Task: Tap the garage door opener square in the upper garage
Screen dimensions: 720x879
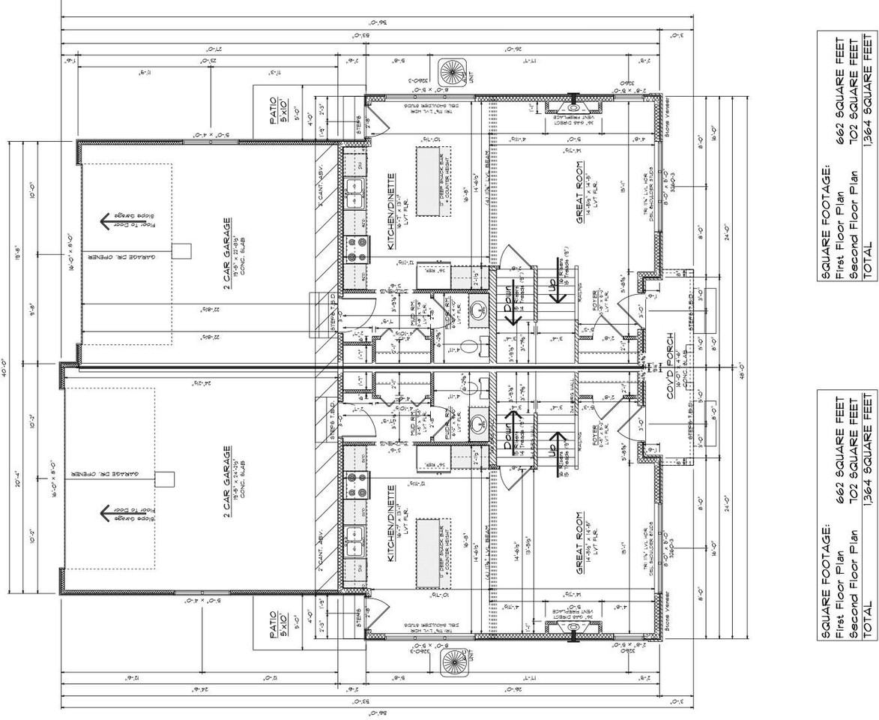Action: pyautogui.click(x=182, y=250)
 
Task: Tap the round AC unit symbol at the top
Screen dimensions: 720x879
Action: pyautogui.click(x=453, y=73)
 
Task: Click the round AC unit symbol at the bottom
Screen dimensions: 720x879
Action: pyautogui.click(x=453, y=662)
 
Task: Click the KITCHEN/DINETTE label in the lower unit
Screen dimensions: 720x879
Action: pyautogui.click(x=390, y=522)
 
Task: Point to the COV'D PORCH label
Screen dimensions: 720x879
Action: pyautogui.click(x=671, y=367)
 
